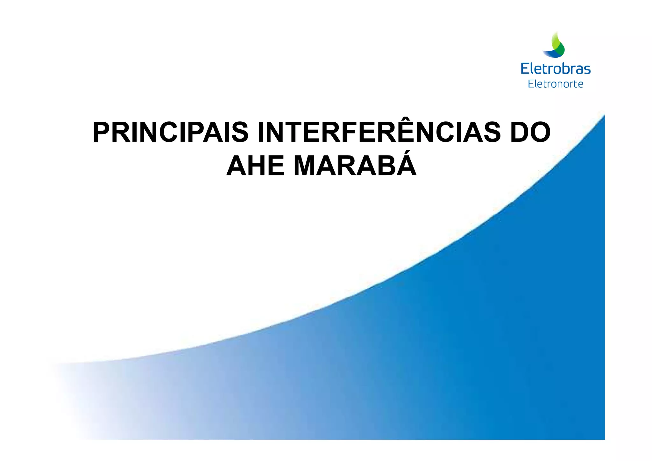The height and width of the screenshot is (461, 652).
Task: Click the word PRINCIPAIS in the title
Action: coord(170,132)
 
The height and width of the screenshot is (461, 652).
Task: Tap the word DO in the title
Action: coord(530,132)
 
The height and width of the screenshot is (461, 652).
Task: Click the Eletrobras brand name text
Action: coord(556,69)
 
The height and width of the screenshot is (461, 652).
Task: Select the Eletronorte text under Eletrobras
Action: coord(556,84)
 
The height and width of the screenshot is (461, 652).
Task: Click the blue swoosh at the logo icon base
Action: coord(552,55)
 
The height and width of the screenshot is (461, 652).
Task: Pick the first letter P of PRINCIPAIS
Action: coord(102,132)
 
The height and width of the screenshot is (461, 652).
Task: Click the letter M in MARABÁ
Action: coord(307,166)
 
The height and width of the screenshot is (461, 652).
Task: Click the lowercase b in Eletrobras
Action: coord(562,68)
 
